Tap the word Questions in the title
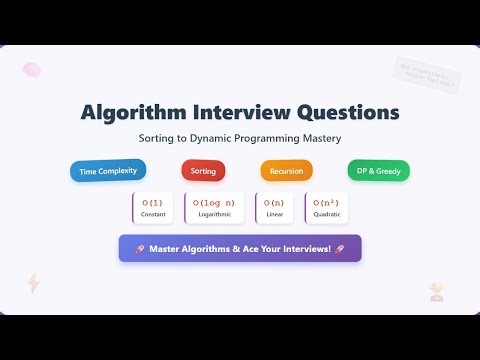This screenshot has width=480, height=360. (344, 111)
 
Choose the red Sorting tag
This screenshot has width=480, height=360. (203, 171)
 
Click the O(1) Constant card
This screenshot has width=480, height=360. (153, 207)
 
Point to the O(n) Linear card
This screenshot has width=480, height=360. (275, 207)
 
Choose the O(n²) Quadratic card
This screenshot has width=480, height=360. (325, 207)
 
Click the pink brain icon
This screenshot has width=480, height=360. (32, 70)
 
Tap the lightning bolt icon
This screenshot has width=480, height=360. (34, 283)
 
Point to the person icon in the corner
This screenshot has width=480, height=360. (436, 291)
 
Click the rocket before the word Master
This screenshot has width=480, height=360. (140, 248)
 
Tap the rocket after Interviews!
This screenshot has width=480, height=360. (340, 248)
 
